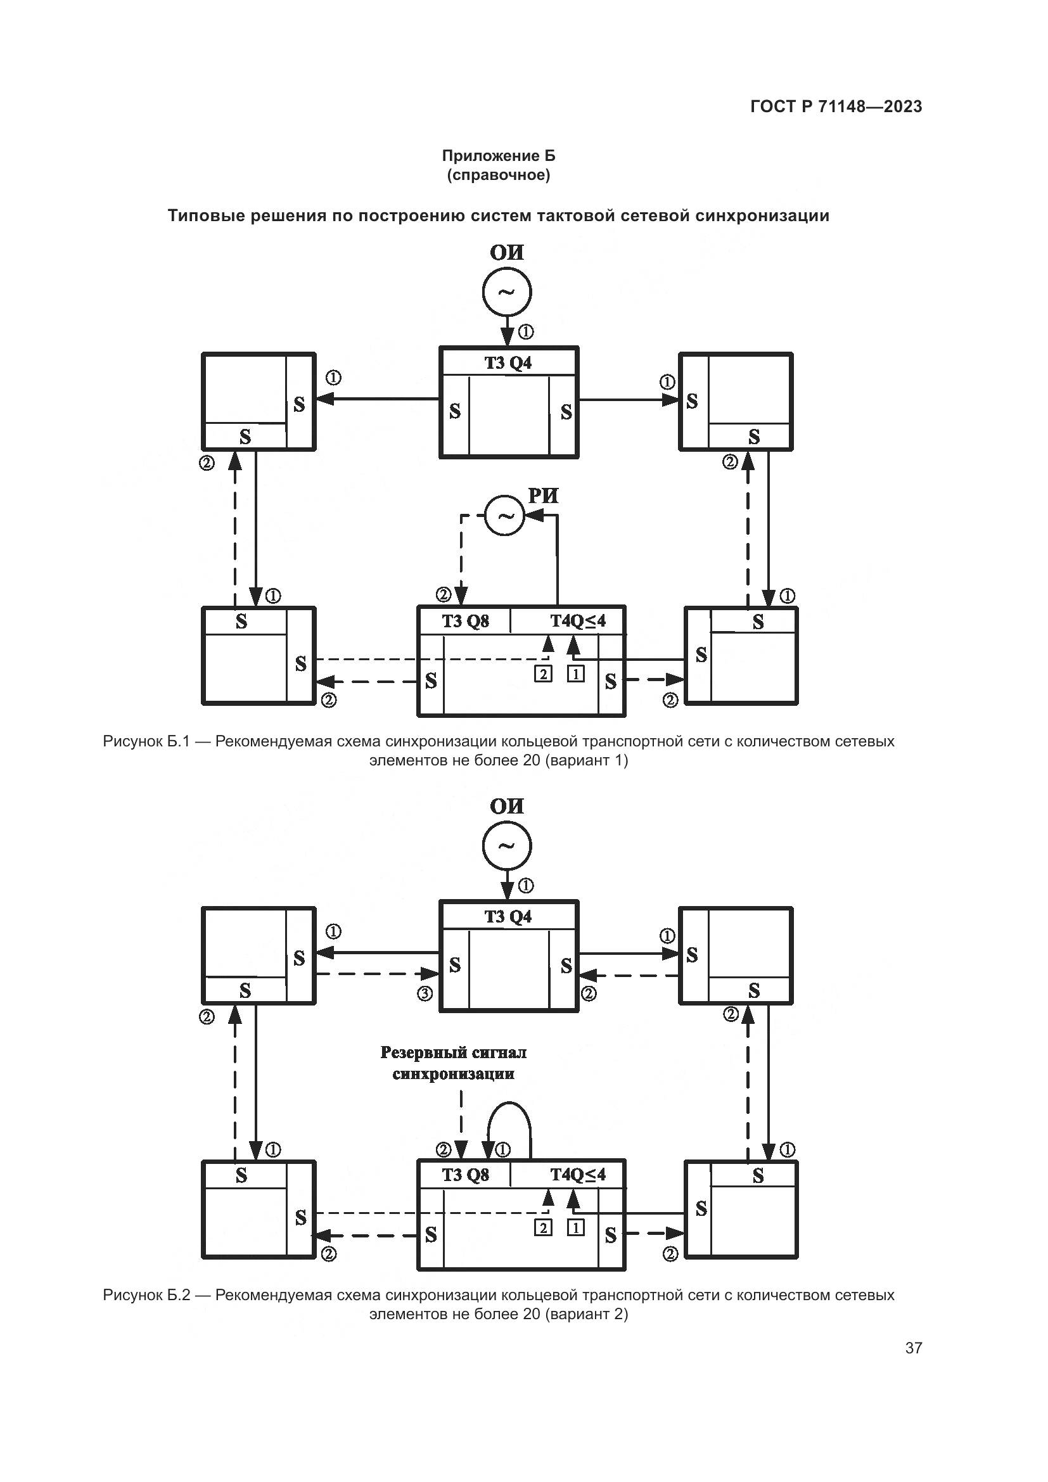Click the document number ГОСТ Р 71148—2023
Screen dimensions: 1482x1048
836,106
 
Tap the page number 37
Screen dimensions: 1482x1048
913,1348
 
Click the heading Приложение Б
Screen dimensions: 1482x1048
498,156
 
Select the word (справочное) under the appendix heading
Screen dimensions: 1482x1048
498,175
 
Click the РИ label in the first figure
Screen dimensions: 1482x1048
543,495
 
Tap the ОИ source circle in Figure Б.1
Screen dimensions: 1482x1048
507,291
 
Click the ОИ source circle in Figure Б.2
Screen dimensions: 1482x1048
507,846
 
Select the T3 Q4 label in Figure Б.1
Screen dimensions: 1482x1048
508,363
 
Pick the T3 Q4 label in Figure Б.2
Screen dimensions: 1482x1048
508,917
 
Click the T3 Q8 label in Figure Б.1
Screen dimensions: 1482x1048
464,621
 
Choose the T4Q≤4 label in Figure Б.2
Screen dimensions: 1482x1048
578,1175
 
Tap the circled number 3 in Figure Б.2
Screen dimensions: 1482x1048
425,994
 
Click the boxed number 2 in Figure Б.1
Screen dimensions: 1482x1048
543,675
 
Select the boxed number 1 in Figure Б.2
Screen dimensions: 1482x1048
575,1228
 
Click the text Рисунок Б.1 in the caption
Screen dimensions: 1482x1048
146,742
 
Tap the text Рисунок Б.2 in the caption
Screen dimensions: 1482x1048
146,1296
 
